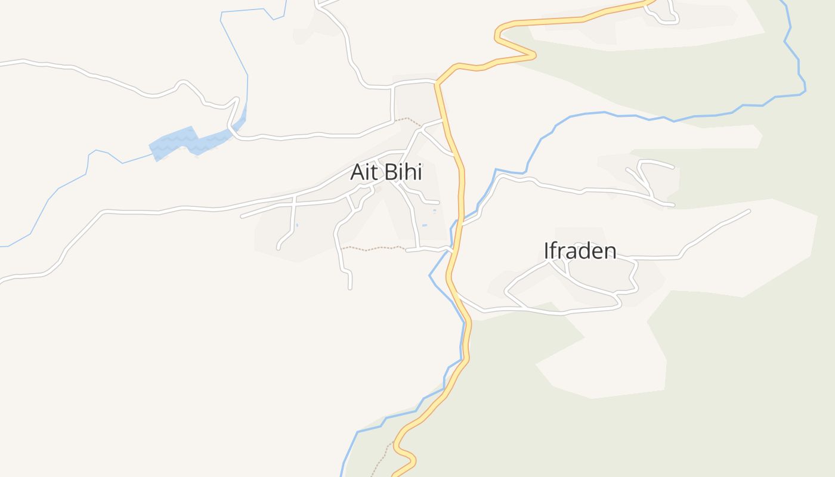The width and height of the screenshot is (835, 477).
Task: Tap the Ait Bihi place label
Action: click(x=386, y=172)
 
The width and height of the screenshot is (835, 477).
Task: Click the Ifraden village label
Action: click(x=580, y=250)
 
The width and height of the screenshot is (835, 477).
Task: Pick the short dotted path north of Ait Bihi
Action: click(x=408, y=119)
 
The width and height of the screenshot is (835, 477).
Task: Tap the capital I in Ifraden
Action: click(x=546, y=250)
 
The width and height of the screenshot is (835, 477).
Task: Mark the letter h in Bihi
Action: click(x=411, y=172)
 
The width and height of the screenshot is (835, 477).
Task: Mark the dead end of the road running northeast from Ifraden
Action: click(x=749, y=210)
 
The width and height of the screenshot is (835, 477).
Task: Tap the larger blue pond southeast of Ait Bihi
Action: click(x=425, y=225)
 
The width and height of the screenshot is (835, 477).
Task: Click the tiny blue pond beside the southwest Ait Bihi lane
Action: click(x=297, y=225)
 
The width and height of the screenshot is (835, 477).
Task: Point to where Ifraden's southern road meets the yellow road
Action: click(x=456, y=293)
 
